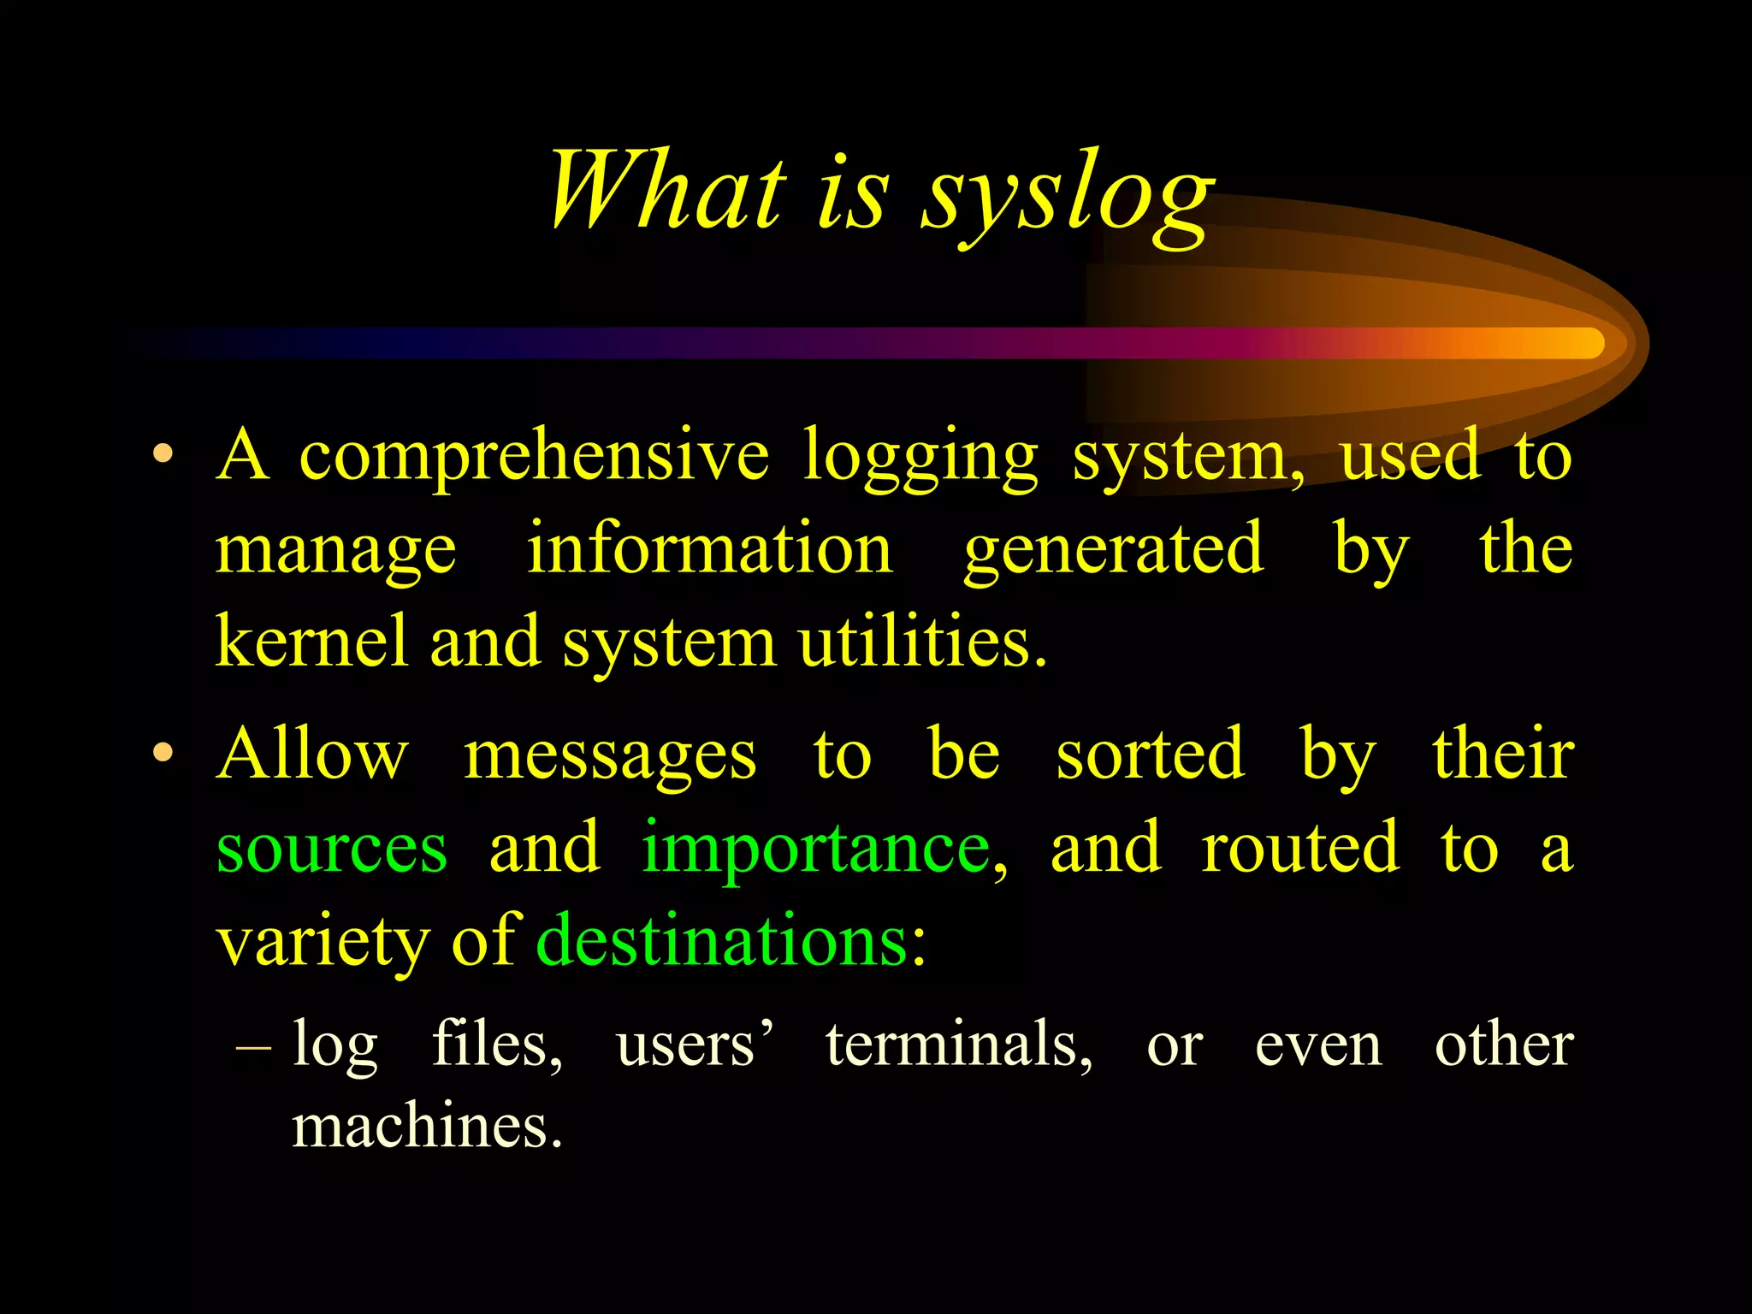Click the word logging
pos(920,457)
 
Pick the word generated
pos(1113,549)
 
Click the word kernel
pos(311,641)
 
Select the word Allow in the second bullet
pos(312,754)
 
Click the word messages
pos(609,756)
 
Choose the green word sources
pos(332,849)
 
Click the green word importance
pos(817,849)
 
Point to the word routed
pos(1300,847)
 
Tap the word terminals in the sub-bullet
pos(957,1045)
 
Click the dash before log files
pos(253,1045)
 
